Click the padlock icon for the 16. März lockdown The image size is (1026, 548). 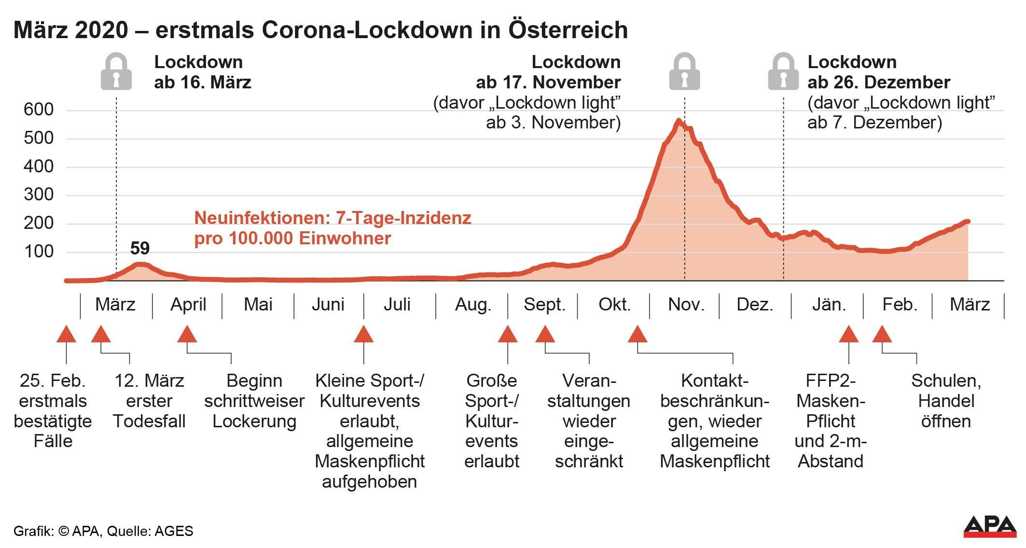point(116,72)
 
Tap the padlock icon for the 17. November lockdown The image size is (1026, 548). point(684,72)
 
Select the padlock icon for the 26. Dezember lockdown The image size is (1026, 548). point(783,72)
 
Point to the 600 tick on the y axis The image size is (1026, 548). point(39,110)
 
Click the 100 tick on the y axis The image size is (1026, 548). point(39,252)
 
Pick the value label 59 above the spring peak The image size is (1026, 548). point(140,248)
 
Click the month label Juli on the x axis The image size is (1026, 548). point(397,305)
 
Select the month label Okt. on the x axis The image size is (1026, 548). point(614,305)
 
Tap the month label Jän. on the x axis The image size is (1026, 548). point(829,305)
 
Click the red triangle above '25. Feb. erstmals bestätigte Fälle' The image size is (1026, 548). point(66,334)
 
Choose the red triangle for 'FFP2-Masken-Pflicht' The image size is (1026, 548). point(848,334)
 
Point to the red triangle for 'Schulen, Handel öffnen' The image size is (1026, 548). point(882,334)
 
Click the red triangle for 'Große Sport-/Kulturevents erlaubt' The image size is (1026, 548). point(507,334)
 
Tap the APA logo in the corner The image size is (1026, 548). point(990,526)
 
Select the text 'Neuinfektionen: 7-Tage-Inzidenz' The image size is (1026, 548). point(333,218)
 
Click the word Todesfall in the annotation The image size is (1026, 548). point(149,422)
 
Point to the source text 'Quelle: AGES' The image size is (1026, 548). point(150,531)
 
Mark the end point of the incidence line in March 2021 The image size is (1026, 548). point(968,222)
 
